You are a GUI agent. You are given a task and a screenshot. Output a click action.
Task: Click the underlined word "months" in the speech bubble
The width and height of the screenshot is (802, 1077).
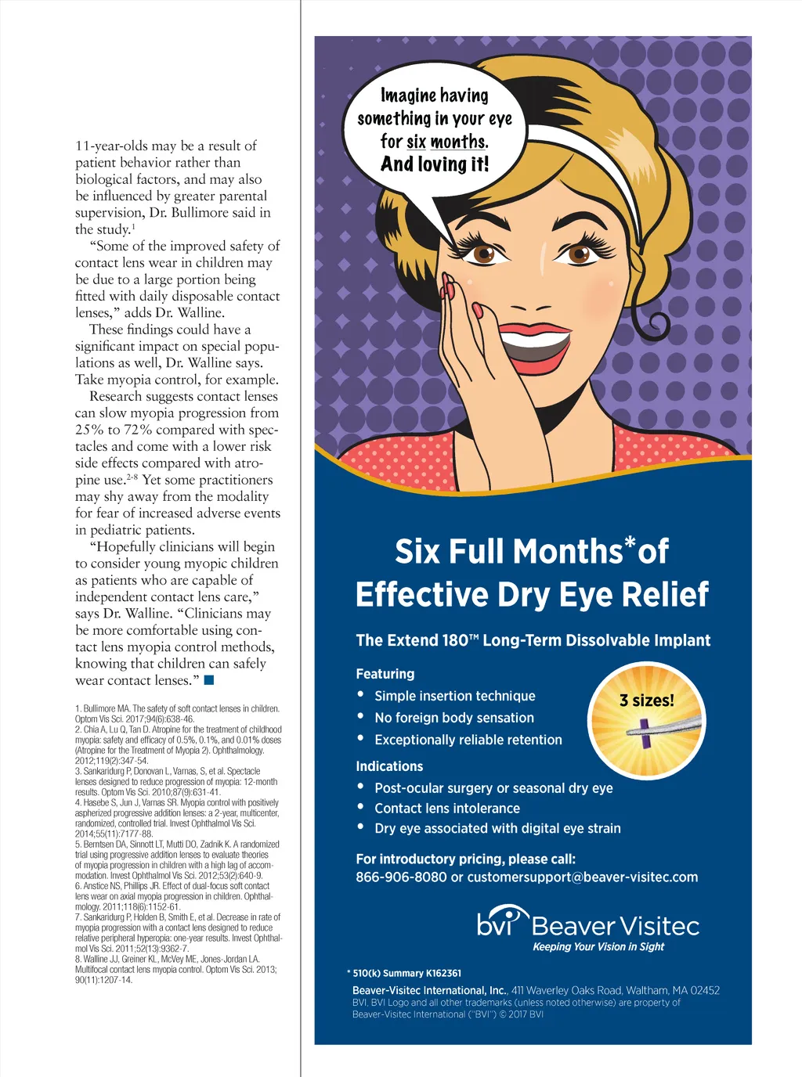(458, 142)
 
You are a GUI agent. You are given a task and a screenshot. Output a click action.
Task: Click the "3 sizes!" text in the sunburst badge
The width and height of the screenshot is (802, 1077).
(646, 701)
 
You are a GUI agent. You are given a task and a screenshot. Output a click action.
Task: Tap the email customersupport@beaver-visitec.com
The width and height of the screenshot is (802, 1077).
(582, 877)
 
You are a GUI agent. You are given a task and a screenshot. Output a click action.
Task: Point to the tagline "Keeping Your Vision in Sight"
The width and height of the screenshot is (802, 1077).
(598, 947)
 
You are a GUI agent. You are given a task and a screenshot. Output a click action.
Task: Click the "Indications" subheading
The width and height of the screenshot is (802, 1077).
(389, 766)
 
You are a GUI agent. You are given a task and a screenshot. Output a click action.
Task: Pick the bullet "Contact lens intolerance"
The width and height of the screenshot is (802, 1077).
(446, 809)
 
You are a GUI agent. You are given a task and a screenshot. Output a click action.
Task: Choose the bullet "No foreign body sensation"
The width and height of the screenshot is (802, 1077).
(453, 718)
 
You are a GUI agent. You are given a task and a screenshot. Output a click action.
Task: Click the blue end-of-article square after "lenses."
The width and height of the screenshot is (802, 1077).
(208, 679)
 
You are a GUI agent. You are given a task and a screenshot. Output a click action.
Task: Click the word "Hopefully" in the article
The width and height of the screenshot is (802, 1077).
(125, 547)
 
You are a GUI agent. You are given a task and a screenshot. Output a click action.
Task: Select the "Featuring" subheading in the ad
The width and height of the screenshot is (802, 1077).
(385, 674)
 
